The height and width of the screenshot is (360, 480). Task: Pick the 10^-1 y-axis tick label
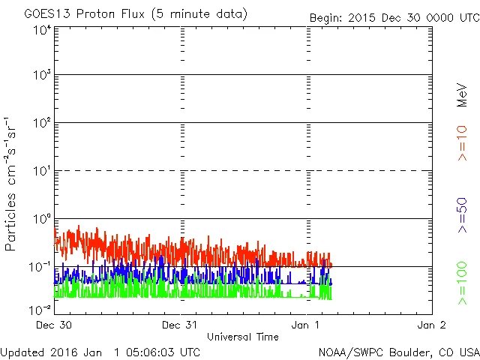pos(41,267)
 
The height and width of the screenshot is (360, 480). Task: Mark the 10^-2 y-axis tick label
pos(41,308)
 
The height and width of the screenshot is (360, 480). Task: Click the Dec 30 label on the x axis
pos(55,325)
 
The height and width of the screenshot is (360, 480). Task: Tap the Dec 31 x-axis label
pos(180,325)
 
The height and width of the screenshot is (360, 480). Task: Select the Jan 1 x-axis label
pos(307,325)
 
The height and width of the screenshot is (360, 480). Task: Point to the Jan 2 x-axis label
pos(432,325)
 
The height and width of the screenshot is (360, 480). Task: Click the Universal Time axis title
pos(243,337)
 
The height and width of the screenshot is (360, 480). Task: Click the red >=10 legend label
pos(462,142)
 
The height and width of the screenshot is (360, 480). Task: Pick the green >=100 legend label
pos(462,283)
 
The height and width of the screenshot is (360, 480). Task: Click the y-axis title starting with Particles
pos(12,183)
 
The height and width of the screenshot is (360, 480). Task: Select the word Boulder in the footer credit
pos(406,351)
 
